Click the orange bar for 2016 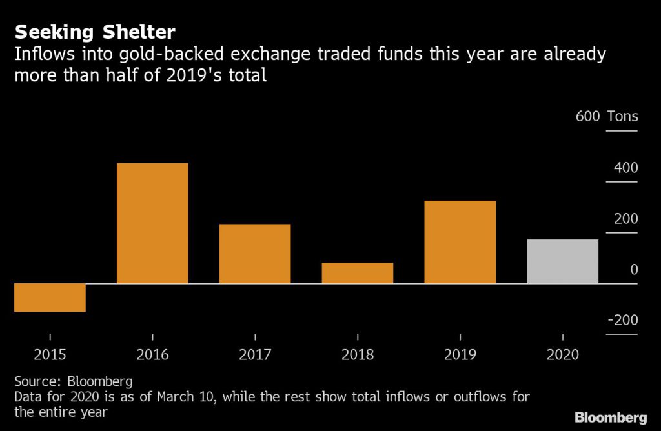click(152, 223)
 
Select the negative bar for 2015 click(50, 297)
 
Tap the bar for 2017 click(255, 254)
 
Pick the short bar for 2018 click(357, 273)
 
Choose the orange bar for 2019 click(460, 242)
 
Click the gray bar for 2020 click(562, 261)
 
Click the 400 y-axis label click(625, 168)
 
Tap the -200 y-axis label click(622, 321)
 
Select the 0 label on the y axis click(633, 270)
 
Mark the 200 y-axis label click(625, 219)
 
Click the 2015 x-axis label click(50, 354)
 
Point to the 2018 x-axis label click(357, 354)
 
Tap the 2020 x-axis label click(562, 354)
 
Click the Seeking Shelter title click(96, 32)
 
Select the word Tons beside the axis click(622, 117)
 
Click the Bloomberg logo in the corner click(611, 416)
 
